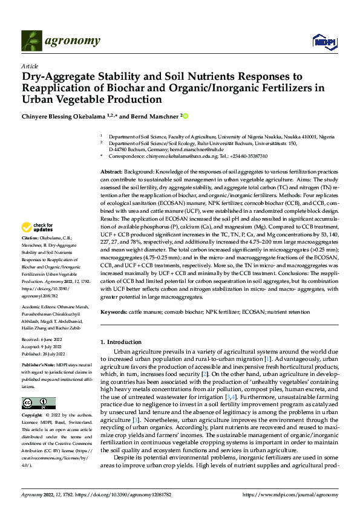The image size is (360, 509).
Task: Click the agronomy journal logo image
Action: click(x=60, y=41)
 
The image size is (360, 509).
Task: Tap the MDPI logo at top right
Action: click(x=324, y=41)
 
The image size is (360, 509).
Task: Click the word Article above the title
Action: click(x=30, y=65)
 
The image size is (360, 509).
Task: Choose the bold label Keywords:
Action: click(x=113, y=312)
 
